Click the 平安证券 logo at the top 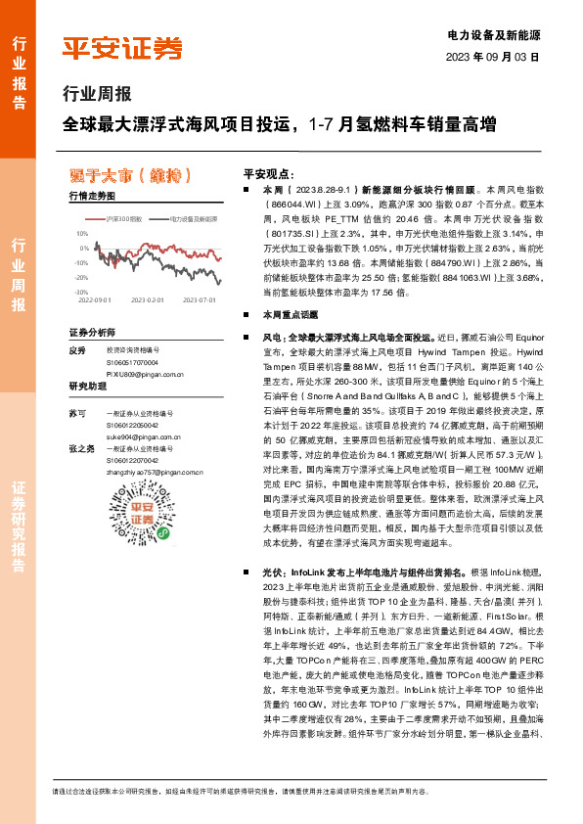122,47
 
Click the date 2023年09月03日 492,56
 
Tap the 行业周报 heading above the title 96,95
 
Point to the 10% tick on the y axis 82,235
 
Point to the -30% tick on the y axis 81,292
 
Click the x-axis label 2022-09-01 95,300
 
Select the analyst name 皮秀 78,349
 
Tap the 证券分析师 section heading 92,333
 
